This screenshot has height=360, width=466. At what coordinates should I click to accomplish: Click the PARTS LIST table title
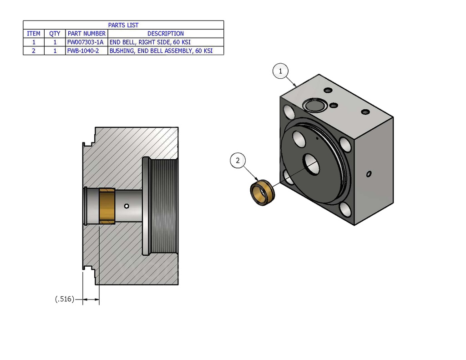123,25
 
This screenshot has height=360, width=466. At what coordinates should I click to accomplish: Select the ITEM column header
34,34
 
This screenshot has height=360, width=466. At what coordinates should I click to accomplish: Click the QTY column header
55,34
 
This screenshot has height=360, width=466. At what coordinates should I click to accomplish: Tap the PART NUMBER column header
86,34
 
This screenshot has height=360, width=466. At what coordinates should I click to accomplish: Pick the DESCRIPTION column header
166,34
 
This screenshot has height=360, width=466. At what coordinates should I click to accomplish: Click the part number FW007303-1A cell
86,42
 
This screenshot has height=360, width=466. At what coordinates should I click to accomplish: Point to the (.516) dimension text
64,299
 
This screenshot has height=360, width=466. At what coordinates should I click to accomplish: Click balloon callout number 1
281,71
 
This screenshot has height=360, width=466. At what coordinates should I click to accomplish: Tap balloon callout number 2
238,160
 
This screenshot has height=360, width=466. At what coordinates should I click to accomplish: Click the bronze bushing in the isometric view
262,193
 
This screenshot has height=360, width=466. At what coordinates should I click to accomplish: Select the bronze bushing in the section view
107,206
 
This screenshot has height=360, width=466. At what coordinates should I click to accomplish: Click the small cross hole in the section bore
127,206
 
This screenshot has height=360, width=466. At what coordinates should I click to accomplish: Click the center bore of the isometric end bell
312,164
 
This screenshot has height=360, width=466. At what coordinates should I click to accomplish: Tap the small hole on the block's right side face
369,173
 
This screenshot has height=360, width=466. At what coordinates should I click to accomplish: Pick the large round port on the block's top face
313,106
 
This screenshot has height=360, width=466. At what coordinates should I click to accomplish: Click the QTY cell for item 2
55,51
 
